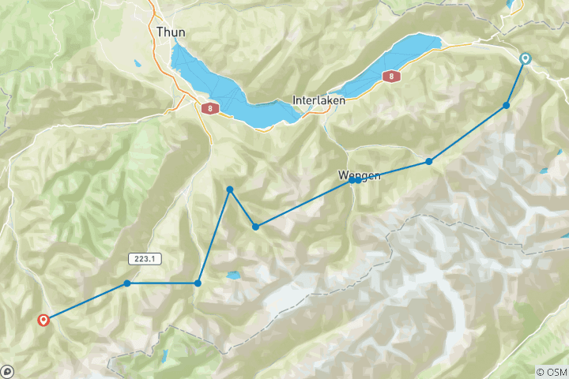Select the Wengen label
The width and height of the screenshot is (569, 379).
coord(360,175)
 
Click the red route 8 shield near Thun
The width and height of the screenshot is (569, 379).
coord(209,108)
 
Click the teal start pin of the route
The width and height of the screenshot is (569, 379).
coord(525,59)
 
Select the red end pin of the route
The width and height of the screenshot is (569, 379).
coord(43,320)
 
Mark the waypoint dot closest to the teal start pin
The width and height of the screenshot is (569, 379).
coord(507,105)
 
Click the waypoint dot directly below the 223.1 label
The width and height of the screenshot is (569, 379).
coord(127,283)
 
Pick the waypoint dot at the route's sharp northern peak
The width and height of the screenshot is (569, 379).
coord(229,189)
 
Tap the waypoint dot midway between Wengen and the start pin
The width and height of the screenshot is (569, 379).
coord(429,161)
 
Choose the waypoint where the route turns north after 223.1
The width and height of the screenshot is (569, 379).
coord(198,283)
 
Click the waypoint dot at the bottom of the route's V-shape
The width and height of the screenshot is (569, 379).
coord(255,227)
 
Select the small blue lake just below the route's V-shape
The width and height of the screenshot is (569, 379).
coord(232,276)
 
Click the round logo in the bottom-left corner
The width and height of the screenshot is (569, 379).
coord(7,371)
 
